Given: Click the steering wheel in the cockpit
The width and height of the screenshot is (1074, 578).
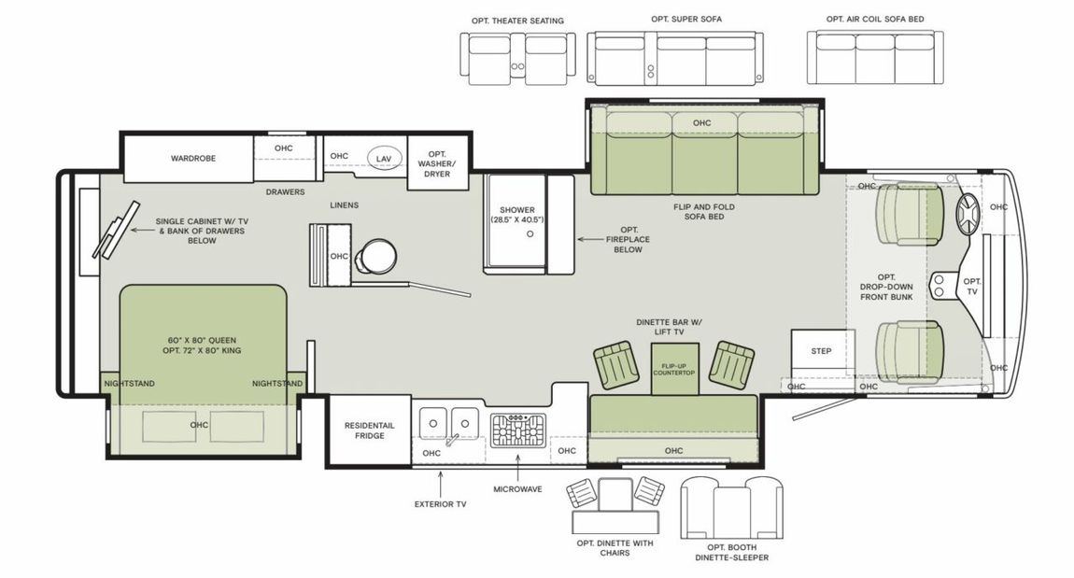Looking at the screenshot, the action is [969, 215].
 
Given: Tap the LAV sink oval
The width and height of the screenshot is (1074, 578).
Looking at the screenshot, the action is [384, 158].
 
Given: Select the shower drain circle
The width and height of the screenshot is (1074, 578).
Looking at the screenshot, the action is [530, 234].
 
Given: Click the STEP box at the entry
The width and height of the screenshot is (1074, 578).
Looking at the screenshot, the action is [822, 352].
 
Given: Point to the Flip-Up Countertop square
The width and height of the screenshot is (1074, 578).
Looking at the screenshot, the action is [674, 369].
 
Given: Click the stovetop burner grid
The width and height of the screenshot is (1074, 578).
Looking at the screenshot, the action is [517, 430].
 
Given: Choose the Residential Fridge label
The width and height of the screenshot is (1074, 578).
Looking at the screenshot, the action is [369, 430].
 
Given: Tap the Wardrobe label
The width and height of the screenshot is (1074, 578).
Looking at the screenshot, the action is [193, 158].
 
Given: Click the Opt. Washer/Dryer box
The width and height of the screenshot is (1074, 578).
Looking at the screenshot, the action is [438, 163].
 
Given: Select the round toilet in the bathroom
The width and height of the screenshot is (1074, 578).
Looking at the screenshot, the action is [376, 256].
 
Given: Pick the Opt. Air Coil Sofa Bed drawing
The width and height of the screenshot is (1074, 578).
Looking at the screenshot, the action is [875, 57].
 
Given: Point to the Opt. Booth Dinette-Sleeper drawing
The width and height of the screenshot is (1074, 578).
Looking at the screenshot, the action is [731, 507].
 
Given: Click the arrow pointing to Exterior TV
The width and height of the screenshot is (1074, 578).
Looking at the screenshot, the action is [440, 483].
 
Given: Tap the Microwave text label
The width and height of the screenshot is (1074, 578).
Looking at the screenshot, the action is [517, 489].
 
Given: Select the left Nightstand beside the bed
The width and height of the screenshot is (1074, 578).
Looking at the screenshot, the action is [130, 384].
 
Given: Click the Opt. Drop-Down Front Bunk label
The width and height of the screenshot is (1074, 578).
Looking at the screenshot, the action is [886, 287].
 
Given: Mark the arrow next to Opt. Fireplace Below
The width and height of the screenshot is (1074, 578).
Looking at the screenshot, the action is [589, 240].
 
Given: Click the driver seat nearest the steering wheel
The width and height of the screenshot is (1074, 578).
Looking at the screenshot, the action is [910, 215].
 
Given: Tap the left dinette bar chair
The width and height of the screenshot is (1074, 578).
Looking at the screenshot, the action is [615, 363].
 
